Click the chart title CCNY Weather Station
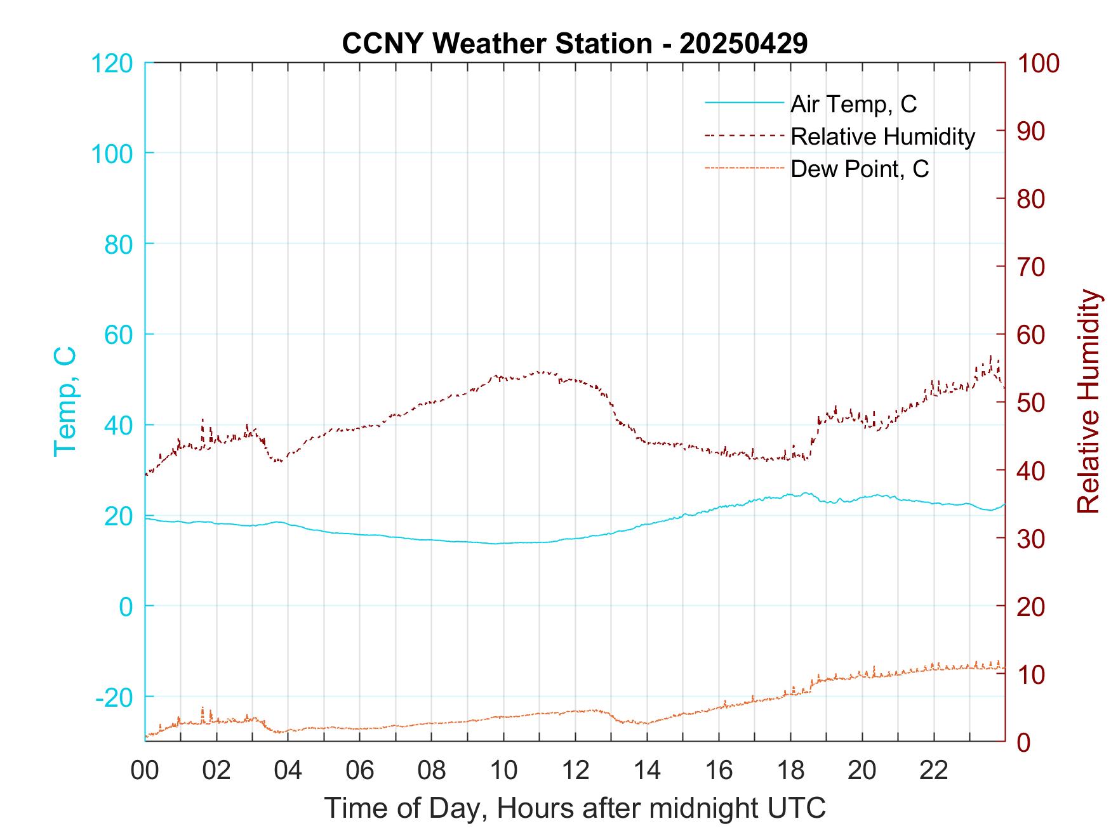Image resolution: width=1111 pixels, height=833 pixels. (x=575, y=44)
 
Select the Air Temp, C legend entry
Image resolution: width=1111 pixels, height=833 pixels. (x=853, y=104)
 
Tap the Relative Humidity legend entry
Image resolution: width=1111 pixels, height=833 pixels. (x=882, y=136)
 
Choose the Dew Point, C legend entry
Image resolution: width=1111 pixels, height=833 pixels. (x=859, y=169)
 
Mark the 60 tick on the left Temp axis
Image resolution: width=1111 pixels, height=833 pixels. (x=117, y=335)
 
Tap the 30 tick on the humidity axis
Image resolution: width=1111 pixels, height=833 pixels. (x=1032, y=539)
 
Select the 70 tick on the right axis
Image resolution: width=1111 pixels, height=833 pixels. (x=1032, y=267)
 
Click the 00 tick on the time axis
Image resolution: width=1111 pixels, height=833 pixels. (x=145, y=771)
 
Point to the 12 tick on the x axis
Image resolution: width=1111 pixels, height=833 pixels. (x=575, y=771)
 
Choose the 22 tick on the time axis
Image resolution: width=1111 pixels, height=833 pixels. (x=934, y=771)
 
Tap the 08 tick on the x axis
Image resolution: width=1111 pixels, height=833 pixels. (x=432, y=771)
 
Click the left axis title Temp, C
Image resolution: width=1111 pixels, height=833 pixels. (x=65, y=402)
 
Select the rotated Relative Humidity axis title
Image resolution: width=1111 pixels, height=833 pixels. (x=1088, y=402)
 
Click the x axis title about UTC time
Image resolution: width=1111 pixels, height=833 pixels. (x=575, y=808)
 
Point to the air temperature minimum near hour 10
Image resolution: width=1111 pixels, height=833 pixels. (x=495, y=544)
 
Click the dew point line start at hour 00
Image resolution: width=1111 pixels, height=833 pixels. (x=146, y=737)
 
